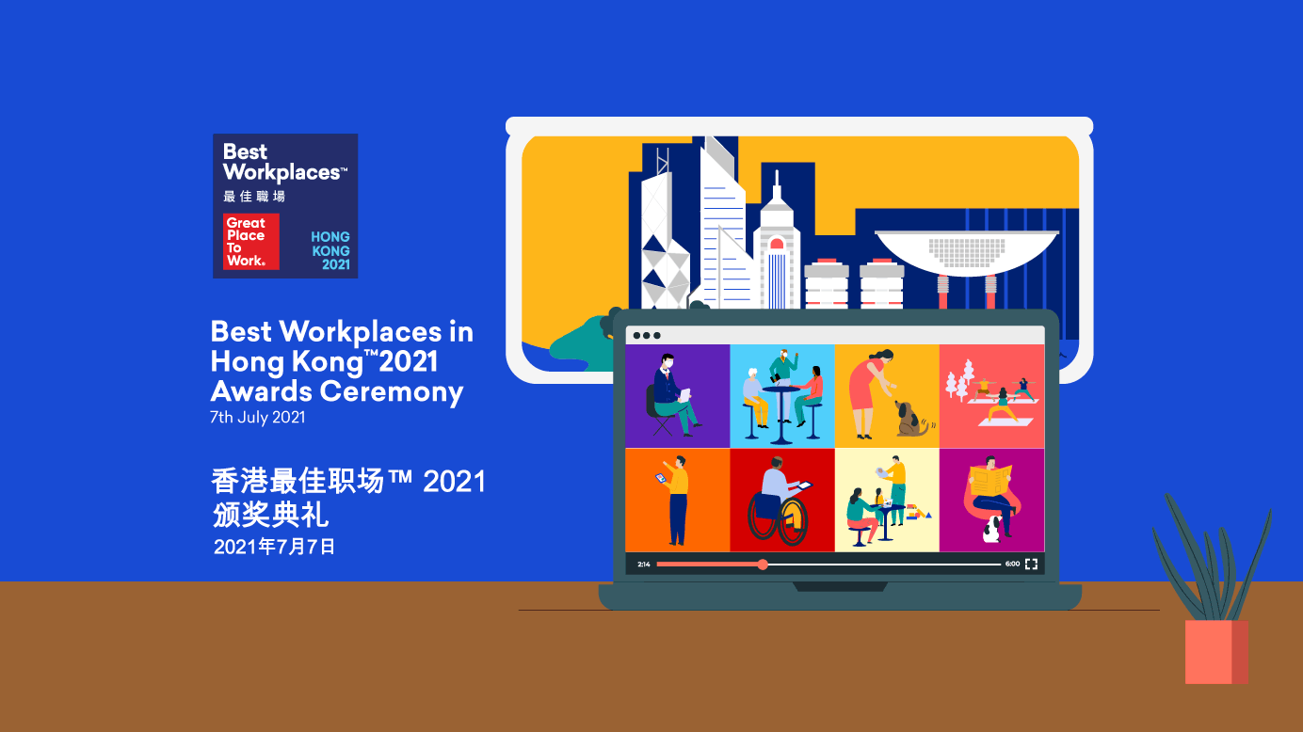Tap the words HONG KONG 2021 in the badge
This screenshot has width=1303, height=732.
click(330, 251)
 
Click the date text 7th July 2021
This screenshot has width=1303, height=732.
click(258, 418)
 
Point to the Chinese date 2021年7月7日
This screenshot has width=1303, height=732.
click(274, 547)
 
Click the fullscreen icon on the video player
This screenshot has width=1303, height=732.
click(1031, 565)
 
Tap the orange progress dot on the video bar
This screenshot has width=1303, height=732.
click(763, 565)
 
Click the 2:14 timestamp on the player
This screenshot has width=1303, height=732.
click(644, 565)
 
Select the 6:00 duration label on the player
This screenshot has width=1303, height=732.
click(1012, 565)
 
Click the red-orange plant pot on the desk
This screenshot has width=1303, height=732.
click(1215, 651)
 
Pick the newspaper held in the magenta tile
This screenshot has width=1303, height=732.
click(990, 480)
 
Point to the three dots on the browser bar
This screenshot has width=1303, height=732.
click(647, 335)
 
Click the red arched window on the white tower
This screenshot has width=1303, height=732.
click(777, 244)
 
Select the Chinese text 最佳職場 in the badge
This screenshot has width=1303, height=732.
click(254, 197)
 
